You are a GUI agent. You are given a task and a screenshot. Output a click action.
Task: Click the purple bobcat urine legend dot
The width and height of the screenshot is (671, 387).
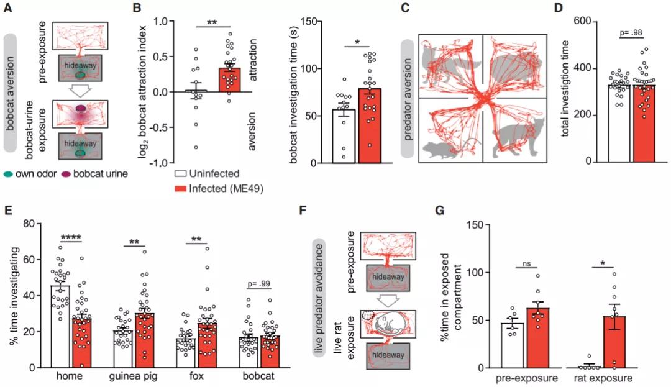tap(62, 175)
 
